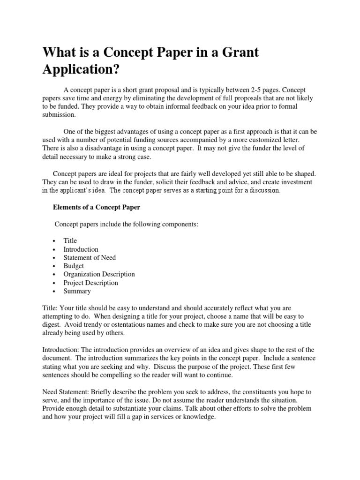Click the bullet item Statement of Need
tap(90, 257)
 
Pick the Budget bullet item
tap(74, 266)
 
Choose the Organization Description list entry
tap(99, 274)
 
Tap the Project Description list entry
tap(90, 283)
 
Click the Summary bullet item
tap(77, 291)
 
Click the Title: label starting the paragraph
tap(50, 308)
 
